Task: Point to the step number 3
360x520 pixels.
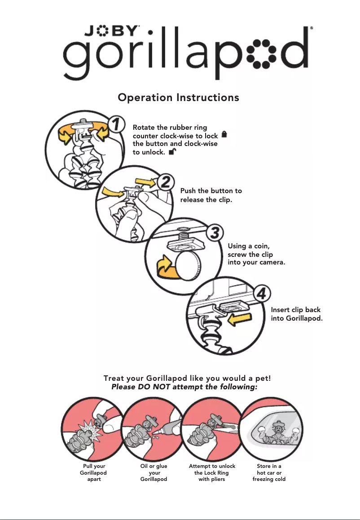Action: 215,233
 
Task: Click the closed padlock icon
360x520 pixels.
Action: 224,134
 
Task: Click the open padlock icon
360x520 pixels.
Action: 172,152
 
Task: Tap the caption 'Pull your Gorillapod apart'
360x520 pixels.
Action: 93,473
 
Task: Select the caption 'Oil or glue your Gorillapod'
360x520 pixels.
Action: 154,473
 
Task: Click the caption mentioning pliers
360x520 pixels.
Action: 212,473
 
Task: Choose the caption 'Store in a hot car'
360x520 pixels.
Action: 269,473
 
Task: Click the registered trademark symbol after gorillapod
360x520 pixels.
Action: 311,28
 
